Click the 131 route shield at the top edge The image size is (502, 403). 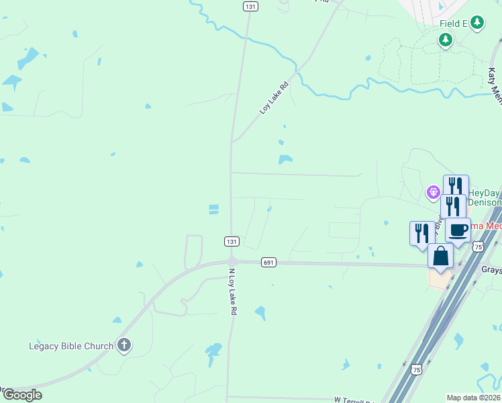250,6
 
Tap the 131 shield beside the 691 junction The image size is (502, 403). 230,241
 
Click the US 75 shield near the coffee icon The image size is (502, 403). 477,247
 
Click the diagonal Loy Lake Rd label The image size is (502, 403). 274,98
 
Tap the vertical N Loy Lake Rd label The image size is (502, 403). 232,292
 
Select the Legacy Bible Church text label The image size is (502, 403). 71,347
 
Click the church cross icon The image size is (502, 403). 123,346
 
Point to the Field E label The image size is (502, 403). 454,24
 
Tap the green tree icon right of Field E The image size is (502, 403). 477,23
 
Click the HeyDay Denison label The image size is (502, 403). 483,197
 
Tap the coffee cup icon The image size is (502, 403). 458,230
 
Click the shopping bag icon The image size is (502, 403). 440,257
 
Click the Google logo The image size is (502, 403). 21,395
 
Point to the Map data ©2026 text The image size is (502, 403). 473,398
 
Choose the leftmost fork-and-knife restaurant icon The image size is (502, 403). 422,233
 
